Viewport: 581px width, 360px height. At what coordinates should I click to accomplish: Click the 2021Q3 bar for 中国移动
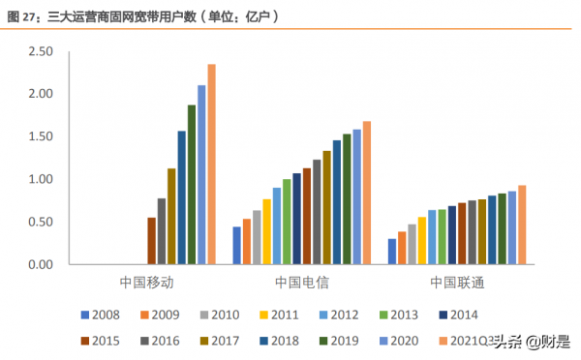[x=212, y=165]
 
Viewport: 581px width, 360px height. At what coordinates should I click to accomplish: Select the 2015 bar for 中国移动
[x=152, y=241]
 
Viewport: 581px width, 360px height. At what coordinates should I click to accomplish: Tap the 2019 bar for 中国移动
[x=192, y=184]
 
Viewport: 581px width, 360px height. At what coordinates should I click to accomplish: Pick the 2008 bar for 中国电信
[x=236, y=246]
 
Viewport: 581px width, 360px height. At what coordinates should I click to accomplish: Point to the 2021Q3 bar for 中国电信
[x=367, y=193]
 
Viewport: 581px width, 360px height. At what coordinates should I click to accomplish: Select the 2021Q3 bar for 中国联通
[x=522, y=225]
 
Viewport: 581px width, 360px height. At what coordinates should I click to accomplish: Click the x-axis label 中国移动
[x=146, y=283]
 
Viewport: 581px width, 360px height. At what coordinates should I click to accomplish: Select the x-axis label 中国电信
[x=301, y=283]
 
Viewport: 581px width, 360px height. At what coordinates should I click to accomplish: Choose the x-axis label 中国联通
[x=456, y=283]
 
